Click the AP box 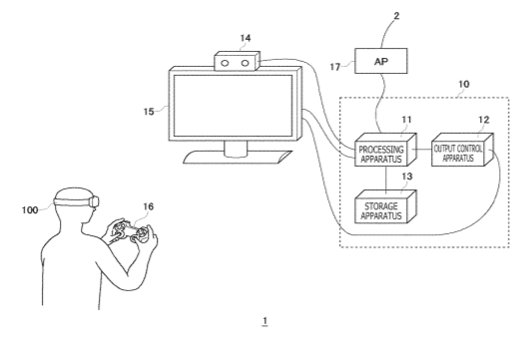[x=381, y=61]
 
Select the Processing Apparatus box [x=385, y=150]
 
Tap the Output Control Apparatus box [x=462, y=150]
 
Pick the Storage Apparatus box [x=385, y=206]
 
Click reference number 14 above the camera [x=246, y=38]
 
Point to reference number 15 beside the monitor [x=149, y=112]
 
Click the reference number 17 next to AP [x=334, y=67]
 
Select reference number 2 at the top [x=396, y=15]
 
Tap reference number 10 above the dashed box [x=464, y=84]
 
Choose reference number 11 [x=406, y=120]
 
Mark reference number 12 [x=484, y=120]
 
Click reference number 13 [x=407, y=177]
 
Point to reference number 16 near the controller [x=149, y=206]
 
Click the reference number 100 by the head [x=30, y=210]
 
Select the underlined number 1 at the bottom [x=264, y=321]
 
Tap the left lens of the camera [x=225, y=63]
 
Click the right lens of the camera [x=246, y=63]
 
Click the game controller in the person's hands [x=131, y=232]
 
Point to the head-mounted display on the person [x=78, y=201]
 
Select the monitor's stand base [x=238, y=158]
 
